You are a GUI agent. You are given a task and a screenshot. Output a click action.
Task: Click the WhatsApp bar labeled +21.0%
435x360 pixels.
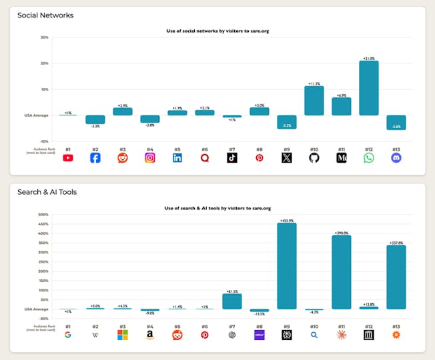[369, 88]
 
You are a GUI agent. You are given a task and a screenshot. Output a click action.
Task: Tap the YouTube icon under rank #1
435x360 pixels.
[68, 158]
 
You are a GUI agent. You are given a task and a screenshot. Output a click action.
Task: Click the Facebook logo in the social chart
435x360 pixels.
[95, 158]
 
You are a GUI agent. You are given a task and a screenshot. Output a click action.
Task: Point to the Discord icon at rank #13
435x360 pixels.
[396, 158]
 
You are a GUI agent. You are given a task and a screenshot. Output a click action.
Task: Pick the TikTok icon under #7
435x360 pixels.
[232, 158]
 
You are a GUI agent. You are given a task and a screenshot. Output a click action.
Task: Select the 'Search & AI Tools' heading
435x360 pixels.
[47, 192]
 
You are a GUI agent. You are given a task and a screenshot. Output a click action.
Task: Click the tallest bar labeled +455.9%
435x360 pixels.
[287, 266]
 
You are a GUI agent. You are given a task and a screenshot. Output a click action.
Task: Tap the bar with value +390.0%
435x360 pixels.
[342, 272]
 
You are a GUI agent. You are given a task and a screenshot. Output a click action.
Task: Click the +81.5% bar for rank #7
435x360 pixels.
[232, 301]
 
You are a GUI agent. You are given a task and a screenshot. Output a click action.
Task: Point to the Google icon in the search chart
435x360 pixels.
[68, 335]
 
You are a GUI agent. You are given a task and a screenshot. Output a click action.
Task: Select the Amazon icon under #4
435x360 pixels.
[150, 335]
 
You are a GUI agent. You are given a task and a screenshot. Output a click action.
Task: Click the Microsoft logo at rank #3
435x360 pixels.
[123, 335]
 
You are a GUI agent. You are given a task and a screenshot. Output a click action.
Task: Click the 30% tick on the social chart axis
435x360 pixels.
[45, 37]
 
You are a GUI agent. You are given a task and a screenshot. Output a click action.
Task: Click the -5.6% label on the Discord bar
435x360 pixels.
[396, 127]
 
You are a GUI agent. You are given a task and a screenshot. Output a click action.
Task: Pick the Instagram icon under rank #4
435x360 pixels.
[150, 158]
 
